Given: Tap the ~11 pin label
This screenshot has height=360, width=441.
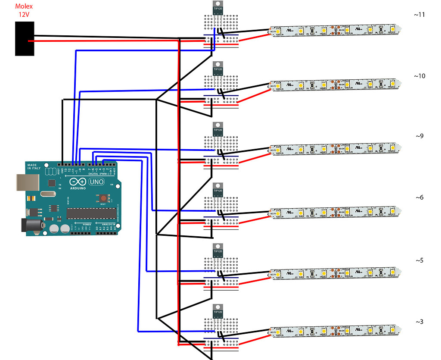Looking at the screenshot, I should click(x=419, y=15).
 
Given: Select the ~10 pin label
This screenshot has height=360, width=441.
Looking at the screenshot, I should click(x=419, y=76).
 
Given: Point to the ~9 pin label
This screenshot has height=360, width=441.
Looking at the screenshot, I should click(x=419, y=136).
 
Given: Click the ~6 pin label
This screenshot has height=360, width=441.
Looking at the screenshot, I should click(x=419, y=197).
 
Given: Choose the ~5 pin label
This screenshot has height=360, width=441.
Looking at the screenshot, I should click(x=419, y=260).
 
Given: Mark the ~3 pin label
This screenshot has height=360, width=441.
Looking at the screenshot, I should click(x=419, y=322).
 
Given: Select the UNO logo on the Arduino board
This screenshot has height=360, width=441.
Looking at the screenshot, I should click(x=97, y=182).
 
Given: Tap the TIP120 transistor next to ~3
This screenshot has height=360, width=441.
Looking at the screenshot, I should click(x=218, y=313).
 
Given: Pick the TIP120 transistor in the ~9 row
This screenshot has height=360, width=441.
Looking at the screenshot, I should click(x=218, y=131).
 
